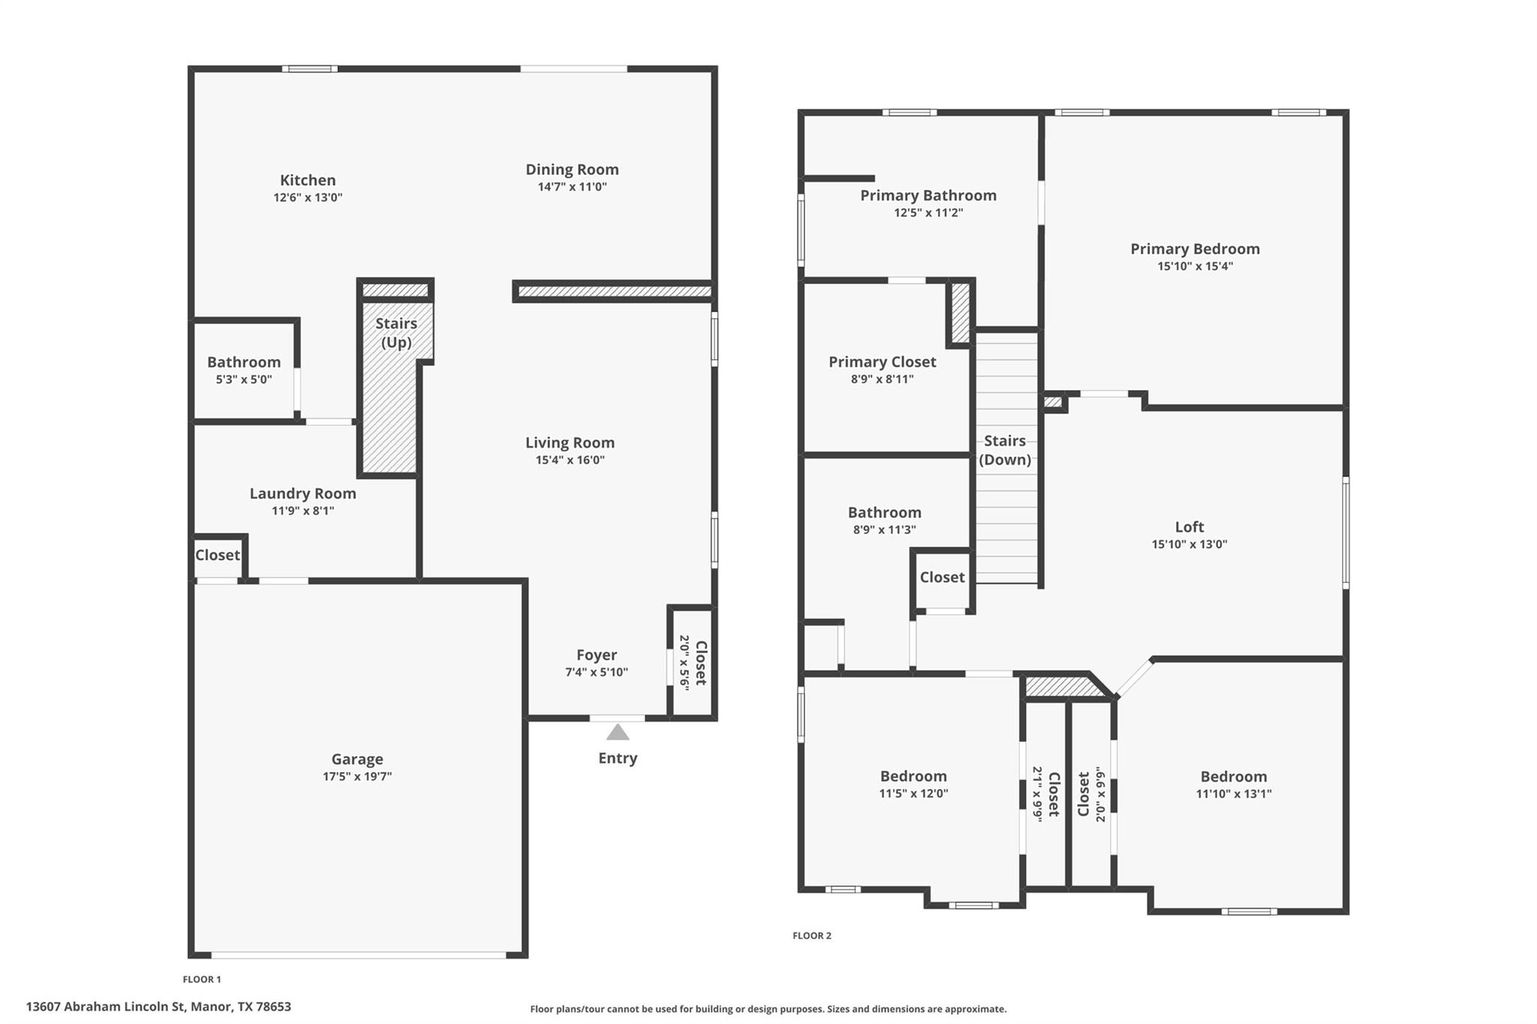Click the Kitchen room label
308,180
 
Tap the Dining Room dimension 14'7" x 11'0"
572,187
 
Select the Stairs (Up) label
396,332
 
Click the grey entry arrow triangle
618,732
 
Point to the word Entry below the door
618,758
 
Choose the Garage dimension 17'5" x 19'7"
357,776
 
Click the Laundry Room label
302,493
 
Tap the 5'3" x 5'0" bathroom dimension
244,380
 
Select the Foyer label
597,654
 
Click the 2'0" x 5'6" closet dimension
684,662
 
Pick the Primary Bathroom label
928,195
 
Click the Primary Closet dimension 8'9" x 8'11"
882,380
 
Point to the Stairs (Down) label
1005,450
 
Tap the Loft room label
1189,527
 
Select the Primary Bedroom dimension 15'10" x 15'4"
1195,266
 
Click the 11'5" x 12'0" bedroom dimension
913,794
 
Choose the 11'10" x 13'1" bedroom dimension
1233,794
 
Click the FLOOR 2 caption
812,935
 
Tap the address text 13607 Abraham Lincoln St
105,1007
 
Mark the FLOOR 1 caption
202,979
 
